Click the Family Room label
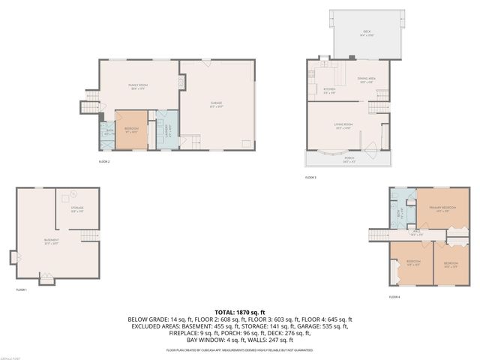[137, 87]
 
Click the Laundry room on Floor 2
[167, 127]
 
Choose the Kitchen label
[329, 90]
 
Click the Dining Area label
[365, 79]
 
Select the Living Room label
[343, 127]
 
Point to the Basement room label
[51, 241]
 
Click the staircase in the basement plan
[89, 238]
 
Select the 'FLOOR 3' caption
[310, 178]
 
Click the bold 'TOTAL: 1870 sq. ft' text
[240, 311]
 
